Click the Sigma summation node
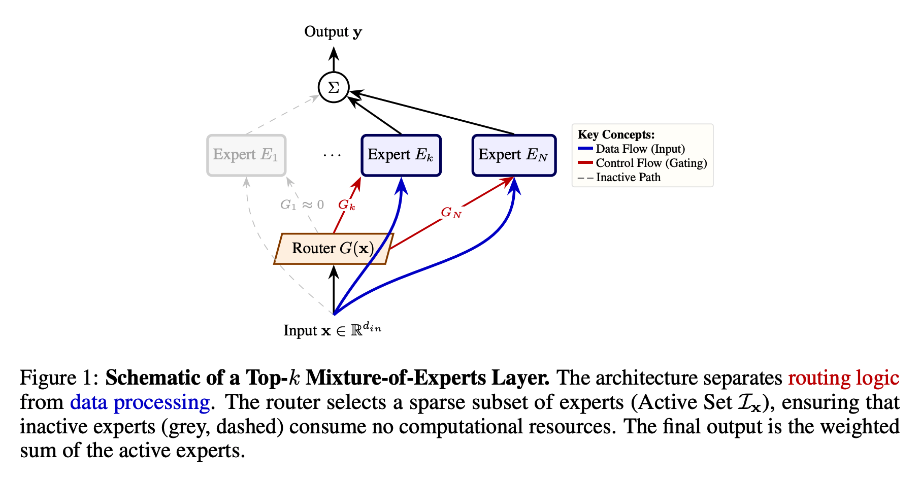click(334, 88)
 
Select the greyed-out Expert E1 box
click(246, 155)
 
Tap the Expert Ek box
click(401, 155)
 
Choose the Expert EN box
click(514, 155)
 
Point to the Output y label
click(333, 32)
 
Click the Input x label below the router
click(333, 330)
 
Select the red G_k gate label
click(347, 205)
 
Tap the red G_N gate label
click(451, 212)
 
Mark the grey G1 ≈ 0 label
click(302, 205)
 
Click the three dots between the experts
click(332, 155)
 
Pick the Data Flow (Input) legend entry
click(632, 149)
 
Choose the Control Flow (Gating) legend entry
click(642, 163)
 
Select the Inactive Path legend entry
click(619, 177)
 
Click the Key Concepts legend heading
click(616, 134)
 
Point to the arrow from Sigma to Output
click(334, 59)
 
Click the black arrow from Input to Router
click(334, 289)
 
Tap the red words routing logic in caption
click(843, 378)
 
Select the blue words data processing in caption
click(140, 402)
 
